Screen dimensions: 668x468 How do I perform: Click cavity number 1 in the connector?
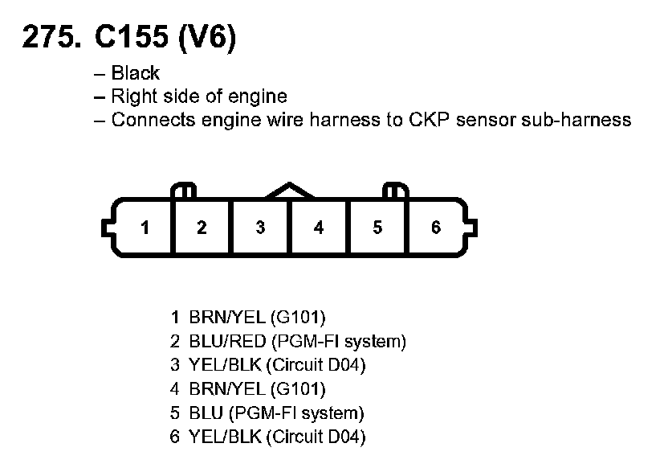point(145,228)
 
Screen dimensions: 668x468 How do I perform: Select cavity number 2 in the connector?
point(202,228)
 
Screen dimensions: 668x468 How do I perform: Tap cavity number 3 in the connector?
point(260,228)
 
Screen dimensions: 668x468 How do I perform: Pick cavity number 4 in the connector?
point(319,228)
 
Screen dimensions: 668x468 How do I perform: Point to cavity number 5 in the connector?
point(377,228)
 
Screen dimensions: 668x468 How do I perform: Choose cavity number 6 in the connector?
point(435,228)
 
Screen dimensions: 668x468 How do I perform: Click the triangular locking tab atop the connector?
point(290,191)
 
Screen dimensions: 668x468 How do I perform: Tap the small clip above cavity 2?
point(184,191)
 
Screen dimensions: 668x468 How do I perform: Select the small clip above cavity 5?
point(396,191)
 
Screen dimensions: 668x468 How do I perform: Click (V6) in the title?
point(210,39)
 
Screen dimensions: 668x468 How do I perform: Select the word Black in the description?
point(136,73)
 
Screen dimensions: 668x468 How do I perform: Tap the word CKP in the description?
point(434,121)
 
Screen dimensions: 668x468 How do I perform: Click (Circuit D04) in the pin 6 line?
point(316,438)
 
